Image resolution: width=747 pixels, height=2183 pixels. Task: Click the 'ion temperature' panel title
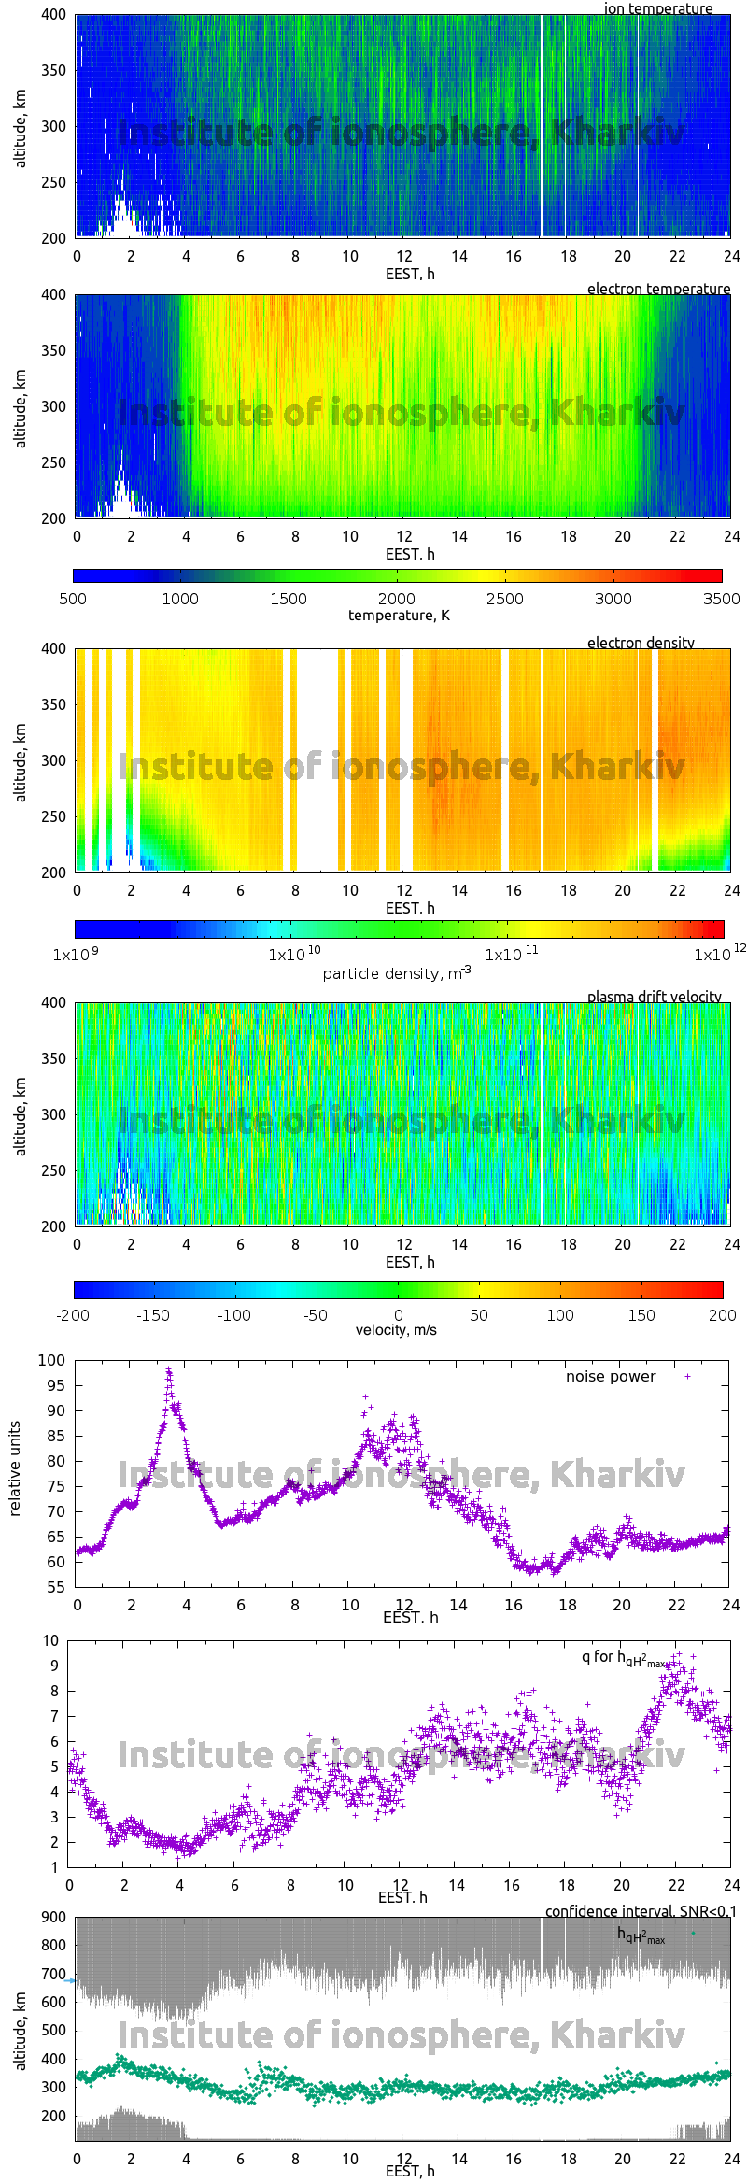click(657, 8)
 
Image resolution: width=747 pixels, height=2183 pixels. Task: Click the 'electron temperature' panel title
click(658, 289)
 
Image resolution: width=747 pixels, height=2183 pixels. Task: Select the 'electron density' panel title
click(641, 643)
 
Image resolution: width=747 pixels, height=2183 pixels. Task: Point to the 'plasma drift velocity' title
click(654, 997)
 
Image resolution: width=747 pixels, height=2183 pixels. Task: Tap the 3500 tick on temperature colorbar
click(722, 599)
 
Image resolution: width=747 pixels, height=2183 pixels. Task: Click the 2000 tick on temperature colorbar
click(397, 599)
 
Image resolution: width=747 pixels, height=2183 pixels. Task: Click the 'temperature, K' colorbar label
click(399, 615)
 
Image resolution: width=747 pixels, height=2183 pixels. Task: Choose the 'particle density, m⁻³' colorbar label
click(397, 973)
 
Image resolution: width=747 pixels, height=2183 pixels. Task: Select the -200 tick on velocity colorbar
click(73, 1315)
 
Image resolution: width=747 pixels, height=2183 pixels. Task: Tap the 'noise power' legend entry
click(611, 1377)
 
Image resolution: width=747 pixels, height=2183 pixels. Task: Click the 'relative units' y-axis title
click(15, 1468)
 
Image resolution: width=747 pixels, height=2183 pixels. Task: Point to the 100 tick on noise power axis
click(51, 1360)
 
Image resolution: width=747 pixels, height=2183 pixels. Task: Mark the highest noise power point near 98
click(169, 1371)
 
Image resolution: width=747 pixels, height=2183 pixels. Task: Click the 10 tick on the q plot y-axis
click(50, 1640)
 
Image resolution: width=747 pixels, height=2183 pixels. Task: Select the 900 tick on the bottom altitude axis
click(53, 1917)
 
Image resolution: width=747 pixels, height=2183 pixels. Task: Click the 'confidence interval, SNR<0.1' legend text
click(641, 1911)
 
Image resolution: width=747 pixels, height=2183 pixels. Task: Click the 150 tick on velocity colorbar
click(641, 1315)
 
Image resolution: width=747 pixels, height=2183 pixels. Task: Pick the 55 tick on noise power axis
click(56, 1587)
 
